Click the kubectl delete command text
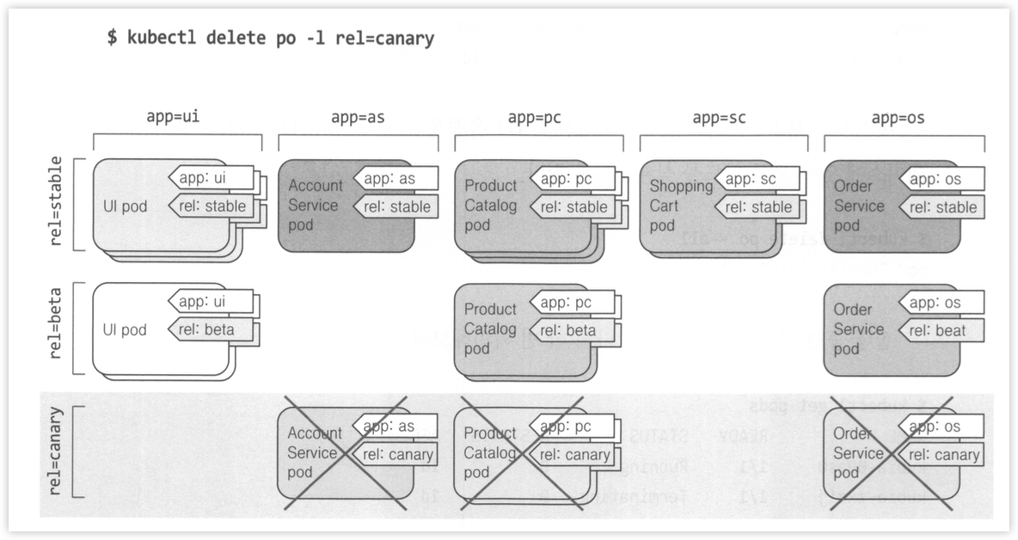[270, 38]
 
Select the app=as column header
[358, 118]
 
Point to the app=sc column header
[720, 118]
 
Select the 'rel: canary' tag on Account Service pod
[396, 454]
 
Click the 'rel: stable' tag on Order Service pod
[941, 206]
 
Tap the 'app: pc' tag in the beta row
[572, 303]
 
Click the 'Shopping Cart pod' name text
[681, 206]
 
